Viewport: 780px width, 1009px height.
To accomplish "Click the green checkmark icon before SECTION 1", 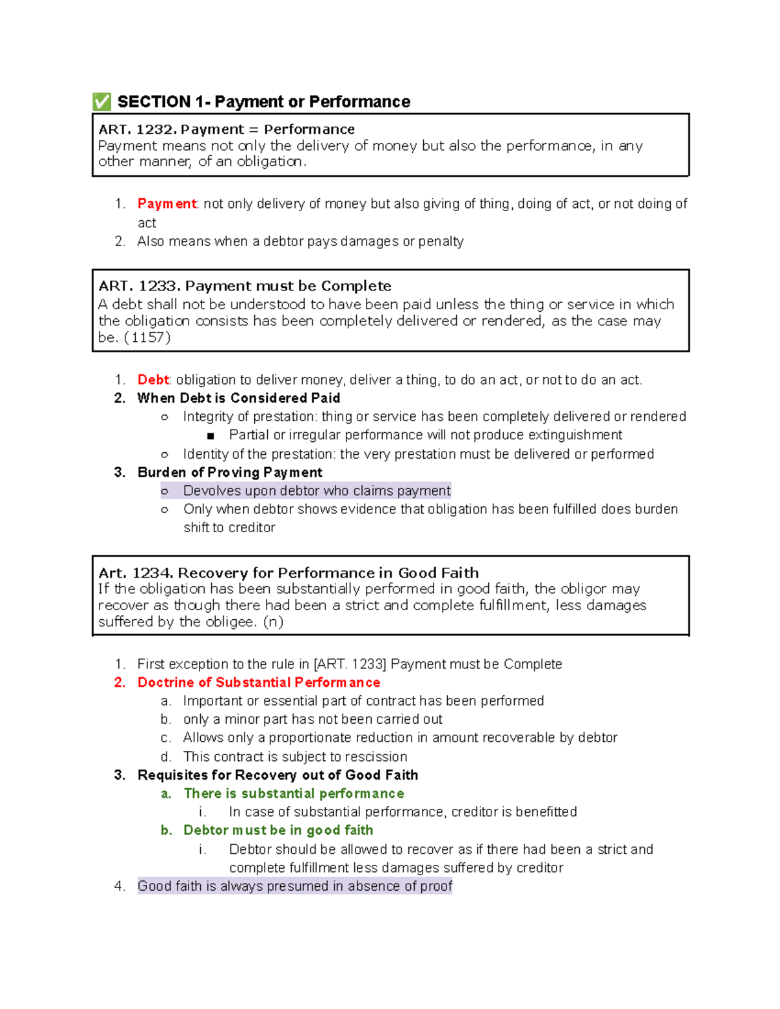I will [x=101, y=101].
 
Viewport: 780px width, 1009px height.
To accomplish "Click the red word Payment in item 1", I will [x=166, y=204].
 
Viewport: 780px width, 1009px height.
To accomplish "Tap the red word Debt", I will [x=153, y=380].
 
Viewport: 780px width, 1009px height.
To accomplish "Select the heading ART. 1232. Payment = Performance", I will [x=226, y=129].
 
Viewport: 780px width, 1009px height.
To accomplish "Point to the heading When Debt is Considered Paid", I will [x=239, y=398].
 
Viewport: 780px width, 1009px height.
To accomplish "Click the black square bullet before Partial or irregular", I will [x=211, y=436].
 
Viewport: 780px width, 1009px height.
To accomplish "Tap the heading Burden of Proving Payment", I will [x=229, y=472].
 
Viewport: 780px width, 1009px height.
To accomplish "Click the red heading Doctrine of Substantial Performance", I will [x=259, y=683].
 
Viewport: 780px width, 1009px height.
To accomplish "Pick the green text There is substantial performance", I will [x=294, y=794].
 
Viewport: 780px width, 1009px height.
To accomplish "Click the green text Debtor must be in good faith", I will [x=278, y=830].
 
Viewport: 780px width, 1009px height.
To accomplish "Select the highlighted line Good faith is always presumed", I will [x=294, y=886].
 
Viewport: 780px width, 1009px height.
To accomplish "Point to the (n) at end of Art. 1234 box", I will [x=273, y=622].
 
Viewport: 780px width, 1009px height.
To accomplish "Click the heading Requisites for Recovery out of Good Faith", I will [x=278, y=775].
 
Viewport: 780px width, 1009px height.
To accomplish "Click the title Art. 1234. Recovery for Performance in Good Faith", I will [x=289, y=573].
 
